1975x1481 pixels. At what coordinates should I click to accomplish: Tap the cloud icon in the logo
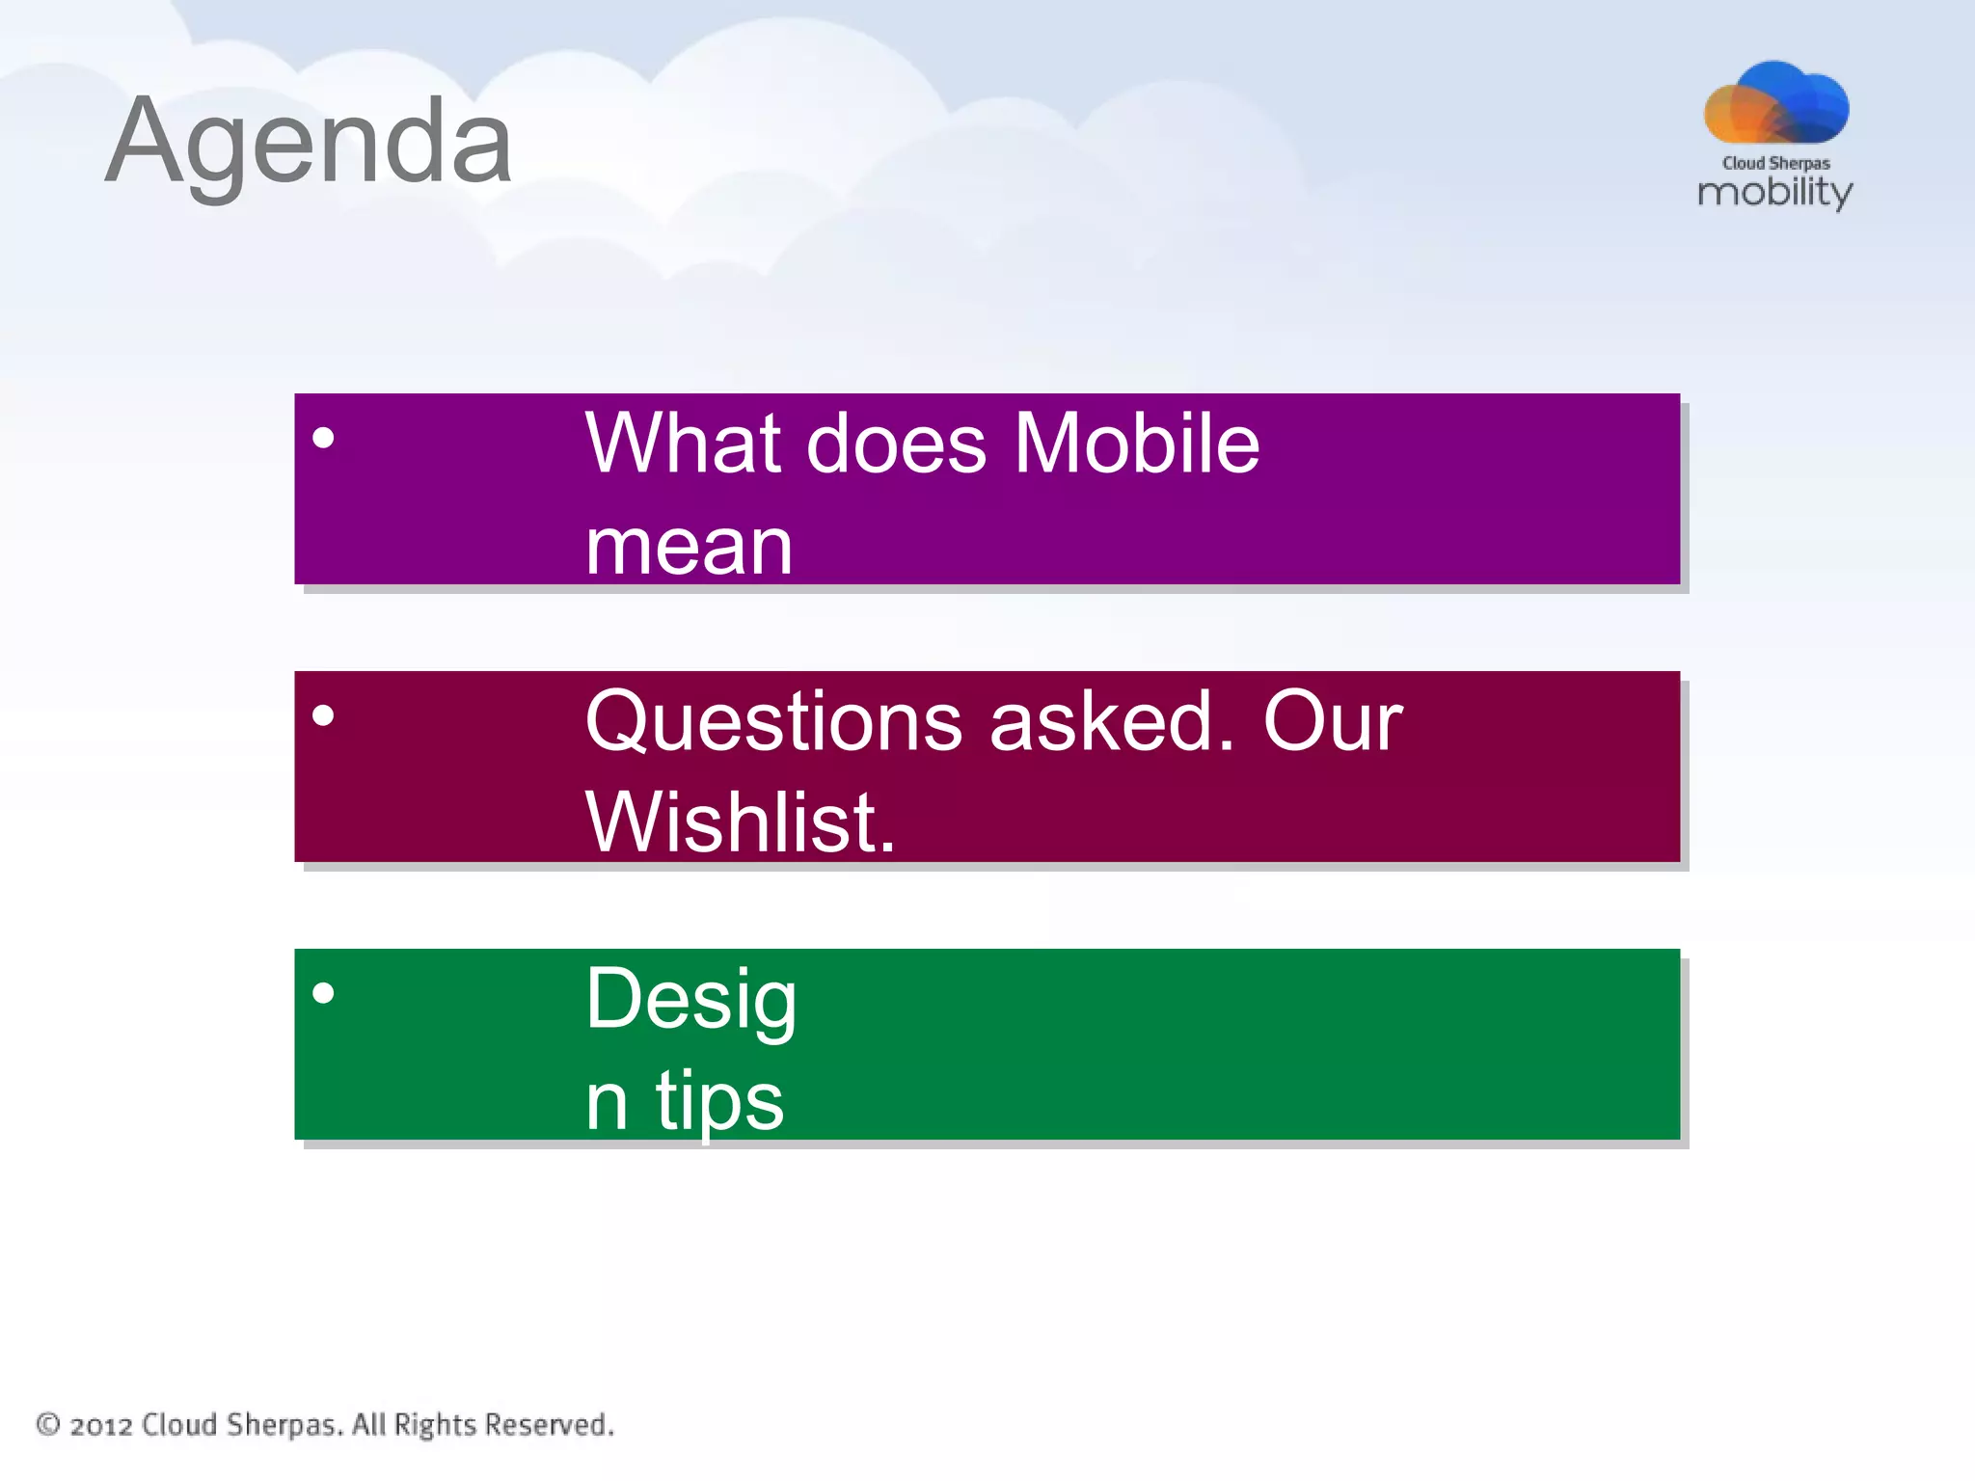1776,104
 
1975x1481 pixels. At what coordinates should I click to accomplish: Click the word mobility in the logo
1774,191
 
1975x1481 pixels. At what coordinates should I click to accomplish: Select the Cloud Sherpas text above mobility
1776,163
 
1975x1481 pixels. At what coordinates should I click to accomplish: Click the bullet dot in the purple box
324,439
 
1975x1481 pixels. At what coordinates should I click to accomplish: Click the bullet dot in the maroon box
324,715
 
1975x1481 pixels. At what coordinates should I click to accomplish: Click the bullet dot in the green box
324,993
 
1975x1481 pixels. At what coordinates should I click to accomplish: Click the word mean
689,547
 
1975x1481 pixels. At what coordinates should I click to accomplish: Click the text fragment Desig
690,1001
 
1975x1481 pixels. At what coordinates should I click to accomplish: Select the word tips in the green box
719,1101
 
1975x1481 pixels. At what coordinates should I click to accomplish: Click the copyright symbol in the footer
48,1424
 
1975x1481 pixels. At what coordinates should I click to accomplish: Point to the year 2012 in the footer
100,1426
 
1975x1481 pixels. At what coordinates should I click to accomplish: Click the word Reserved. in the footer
549,1424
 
